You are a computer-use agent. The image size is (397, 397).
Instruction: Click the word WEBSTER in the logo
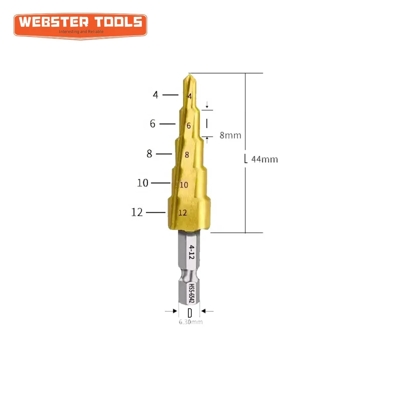(54, 22)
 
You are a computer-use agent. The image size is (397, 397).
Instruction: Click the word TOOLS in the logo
(118, 22)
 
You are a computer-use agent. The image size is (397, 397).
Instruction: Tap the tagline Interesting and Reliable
(81, 32)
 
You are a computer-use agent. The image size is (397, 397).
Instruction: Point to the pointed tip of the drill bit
(189, 75)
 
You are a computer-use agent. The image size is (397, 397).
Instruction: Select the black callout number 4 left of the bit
(155, 95)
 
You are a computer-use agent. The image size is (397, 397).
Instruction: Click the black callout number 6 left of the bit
(153, 124)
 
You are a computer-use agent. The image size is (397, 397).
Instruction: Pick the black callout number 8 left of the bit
(150, 154)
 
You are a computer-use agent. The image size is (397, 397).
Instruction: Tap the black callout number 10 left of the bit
(143, 183)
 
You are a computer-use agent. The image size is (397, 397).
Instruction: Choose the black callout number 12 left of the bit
(137, 212)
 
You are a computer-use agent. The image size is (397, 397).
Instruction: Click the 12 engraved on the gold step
(183, 213)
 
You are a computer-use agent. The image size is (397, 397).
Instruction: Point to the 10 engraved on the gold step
(184, 185)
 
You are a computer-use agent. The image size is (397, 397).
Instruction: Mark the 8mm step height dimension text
(230, 135)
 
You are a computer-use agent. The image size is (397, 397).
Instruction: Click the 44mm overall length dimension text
(264, 159)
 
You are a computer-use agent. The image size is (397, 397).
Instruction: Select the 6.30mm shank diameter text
(191, 322)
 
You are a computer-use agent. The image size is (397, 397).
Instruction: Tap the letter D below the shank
(190, 313)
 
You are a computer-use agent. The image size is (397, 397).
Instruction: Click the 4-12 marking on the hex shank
(192, 252)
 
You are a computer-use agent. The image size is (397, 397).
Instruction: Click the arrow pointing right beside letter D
(171, 311)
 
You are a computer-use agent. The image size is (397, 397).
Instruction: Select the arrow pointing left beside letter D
(207, 311)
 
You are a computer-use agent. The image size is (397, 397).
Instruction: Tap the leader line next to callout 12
(155, 212)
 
